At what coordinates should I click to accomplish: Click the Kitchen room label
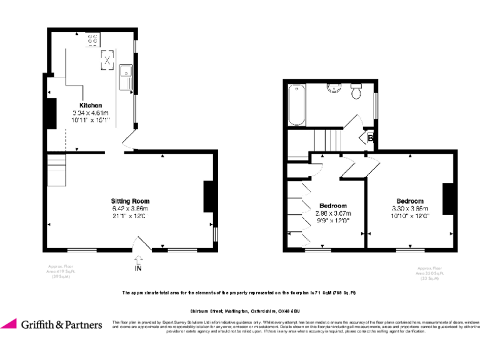tap(91, 105)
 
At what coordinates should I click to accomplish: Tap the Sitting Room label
tap(130, 201)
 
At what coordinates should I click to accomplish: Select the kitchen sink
tap(126, 76)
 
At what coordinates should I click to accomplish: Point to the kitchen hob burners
tap(93, 41)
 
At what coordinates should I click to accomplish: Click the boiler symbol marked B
tap(370, 137)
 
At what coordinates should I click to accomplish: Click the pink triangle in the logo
tap(9, 323)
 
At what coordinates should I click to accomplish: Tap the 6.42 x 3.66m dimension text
tap(130, 209)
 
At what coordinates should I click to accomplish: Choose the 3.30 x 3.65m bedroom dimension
tap(409, 209)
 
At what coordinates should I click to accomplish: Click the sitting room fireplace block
tap(208, 196)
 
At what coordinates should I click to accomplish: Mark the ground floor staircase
tap(57, 171)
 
